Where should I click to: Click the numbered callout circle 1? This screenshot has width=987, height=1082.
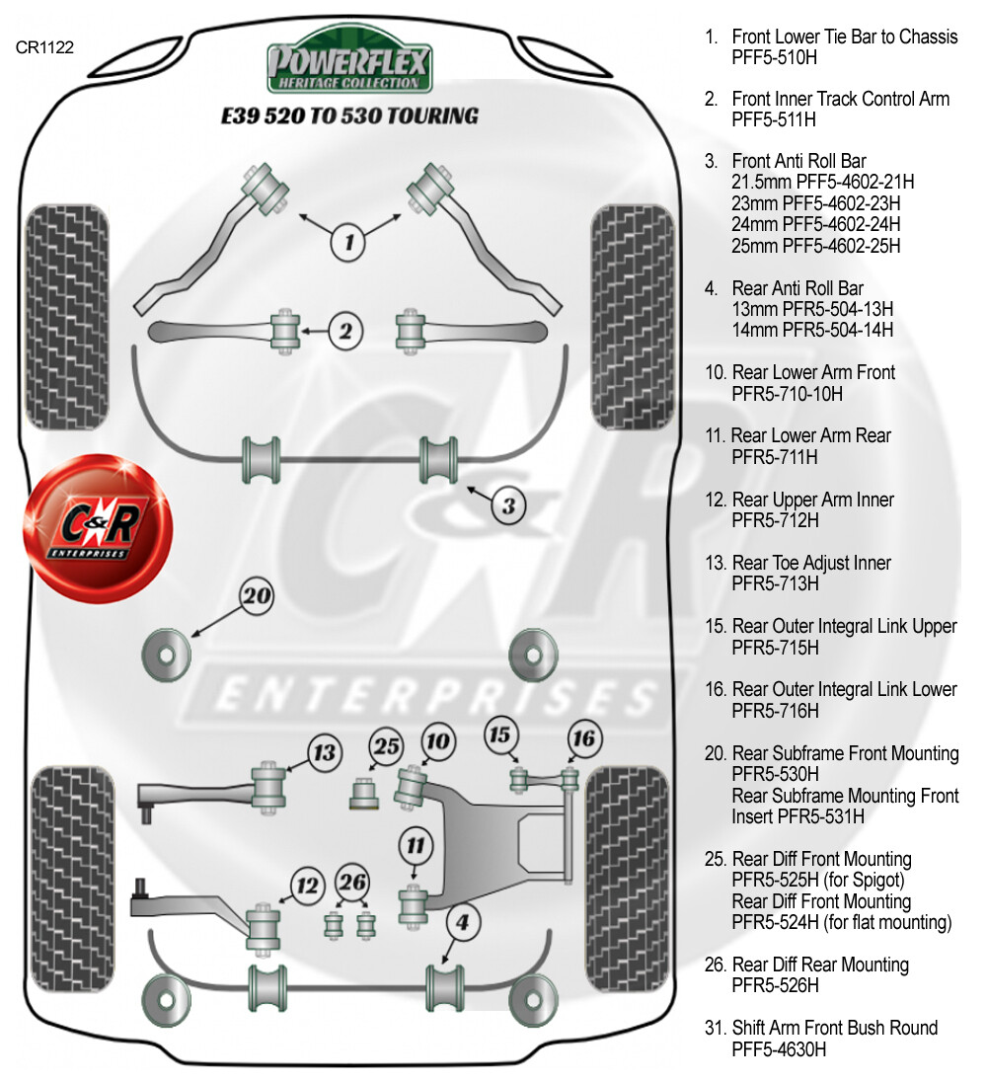tap(348, 239)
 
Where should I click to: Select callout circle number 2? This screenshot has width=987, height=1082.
tap(344, 331)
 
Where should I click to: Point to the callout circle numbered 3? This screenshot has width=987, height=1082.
tap(508, 505)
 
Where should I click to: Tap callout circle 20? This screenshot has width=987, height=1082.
tap(257, 596)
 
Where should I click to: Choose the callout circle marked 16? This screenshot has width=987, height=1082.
tap(584, 738)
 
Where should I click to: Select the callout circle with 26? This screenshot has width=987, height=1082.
tap(352, 880)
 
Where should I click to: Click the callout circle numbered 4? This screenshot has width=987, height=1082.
tap(463, 924)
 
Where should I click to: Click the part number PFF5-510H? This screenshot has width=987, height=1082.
tap(774, 58)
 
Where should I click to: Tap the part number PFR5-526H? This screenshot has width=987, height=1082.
tap(775, 985)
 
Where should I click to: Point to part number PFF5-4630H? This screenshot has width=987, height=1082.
tap(779, 1049)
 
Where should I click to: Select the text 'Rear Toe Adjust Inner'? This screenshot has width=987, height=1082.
tap(811, 563)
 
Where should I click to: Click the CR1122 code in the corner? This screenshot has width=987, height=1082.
tap(45, 45)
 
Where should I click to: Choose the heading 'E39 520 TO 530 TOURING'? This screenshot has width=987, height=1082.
tap(348, 116)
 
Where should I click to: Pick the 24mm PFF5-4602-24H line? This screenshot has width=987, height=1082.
tap(815, 224)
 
